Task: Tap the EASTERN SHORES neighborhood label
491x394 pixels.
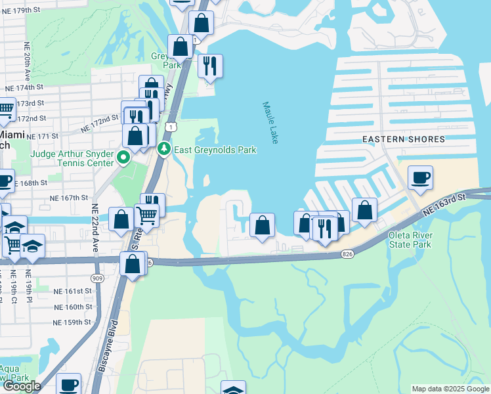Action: [x=404, y=139]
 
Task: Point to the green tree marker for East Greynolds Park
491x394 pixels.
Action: [x=163, y=150]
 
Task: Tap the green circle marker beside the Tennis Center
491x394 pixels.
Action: [x=121, y=157]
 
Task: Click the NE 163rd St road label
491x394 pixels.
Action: [x=444, y=204]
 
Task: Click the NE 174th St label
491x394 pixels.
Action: [x=24, y=87]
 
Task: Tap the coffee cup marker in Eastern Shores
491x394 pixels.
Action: [x=420, y=177]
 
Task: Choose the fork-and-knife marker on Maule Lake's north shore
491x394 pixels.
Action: [x=210, y=66]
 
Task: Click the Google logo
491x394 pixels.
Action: [x=22, y=386]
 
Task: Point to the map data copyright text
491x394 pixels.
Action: [x=450, y=389]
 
